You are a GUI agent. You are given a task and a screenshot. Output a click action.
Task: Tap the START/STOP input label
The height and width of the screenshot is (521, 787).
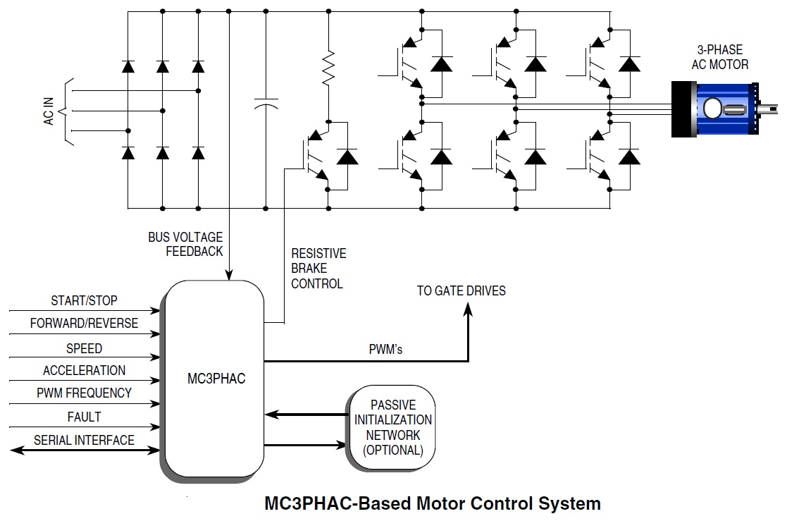click(x=84, y=301)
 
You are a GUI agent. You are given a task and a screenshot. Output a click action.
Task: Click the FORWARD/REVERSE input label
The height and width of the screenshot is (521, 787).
click(x=84, y=324)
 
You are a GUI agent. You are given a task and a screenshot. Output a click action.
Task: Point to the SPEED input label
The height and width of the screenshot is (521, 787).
click(x=84, y=348)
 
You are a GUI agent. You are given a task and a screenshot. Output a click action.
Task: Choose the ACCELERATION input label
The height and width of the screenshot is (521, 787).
click(x=84, y=371)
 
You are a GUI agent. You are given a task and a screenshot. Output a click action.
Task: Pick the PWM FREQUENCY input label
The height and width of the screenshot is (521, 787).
click(x=84, y=393)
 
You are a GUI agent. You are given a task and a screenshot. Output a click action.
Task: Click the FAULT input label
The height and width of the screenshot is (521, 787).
click(x=84, y=417)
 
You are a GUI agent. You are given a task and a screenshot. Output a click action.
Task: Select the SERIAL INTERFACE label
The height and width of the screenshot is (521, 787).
click(x=84, y=440)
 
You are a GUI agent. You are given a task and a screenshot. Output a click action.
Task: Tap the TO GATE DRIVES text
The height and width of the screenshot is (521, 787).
click(x=461, y=290)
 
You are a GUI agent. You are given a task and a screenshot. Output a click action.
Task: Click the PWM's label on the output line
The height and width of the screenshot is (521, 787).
click(x=385, y=350)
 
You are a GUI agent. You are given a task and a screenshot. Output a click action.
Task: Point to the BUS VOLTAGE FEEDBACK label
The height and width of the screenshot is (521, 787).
click(x=185, y=244)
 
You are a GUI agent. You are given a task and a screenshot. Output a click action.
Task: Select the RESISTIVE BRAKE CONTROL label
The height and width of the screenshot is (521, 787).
click(x=318, y=269)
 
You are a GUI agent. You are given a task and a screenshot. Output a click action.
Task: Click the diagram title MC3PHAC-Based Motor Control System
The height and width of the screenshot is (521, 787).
click(x=432, y=503)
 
